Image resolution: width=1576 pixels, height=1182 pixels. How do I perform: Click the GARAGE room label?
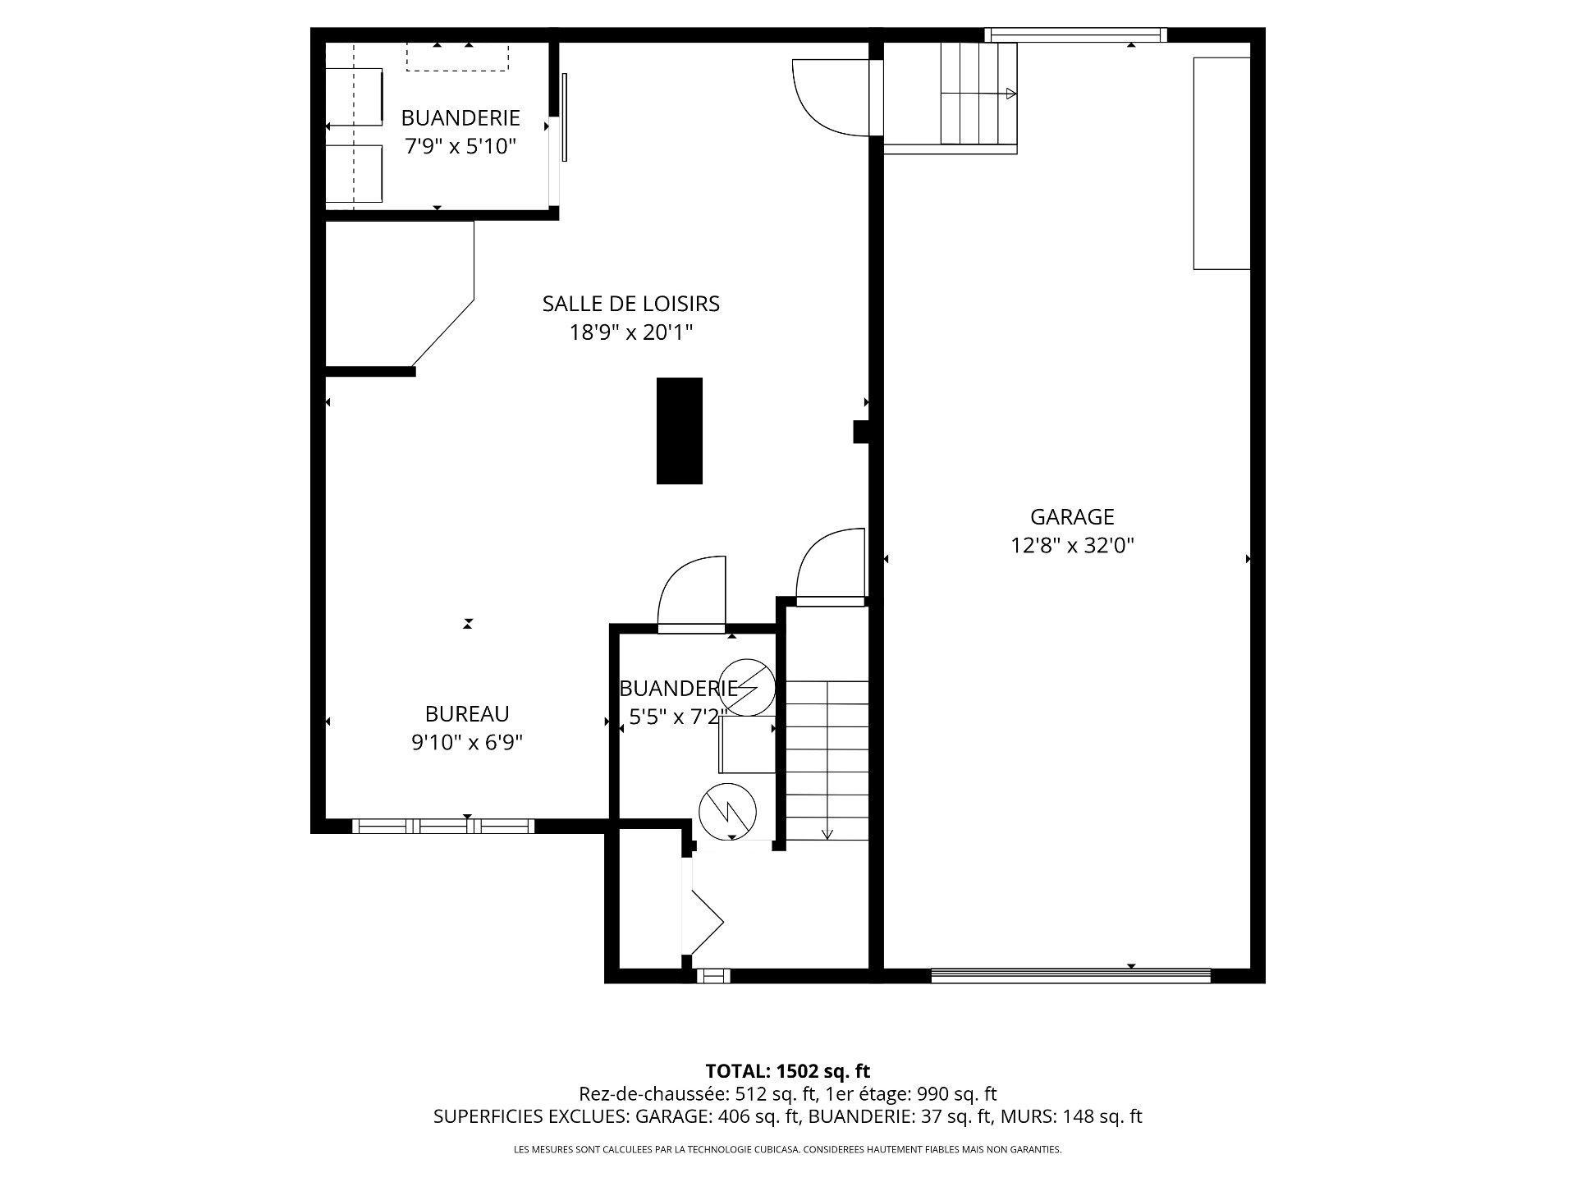1072,517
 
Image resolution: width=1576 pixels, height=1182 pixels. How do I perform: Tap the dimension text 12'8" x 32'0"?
1072,546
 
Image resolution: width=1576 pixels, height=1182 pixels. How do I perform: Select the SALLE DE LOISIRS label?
630,304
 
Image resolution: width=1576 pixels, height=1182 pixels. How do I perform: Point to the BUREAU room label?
467,713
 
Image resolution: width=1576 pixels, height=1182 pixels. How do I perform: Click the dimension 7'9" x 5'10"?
460,147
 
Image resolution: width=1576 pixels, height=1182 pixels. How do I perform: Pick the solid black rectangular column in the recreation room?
679,430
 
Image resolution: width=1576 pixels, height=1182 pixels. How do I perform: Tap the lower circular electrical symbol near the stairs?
727,811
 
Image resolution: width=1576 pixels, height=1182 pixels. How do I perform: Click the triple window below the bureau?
443,826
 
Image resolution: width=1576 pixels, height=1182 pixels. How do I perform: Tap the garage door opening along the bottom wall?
1071,975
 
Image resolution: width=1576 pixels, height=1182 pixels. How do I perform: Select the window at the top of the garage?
1075,34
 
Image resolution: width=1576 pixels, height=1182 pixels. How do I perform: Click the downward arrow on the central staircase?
827,832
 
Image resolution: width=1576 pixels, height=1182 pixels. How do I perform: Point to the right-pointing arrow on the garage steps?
1010,94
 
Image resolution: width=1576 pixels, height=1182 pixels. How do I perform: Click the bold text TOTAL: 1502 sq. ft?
787,1071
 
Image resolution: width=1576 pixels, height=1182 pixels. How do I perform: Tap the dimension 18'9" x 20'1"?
630,332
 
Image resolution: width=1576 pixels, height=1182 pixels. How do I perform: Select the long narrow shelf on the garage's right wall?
1221,163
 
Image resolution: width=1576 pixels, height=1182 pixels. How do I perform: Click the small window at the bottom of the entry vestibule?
712,975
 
